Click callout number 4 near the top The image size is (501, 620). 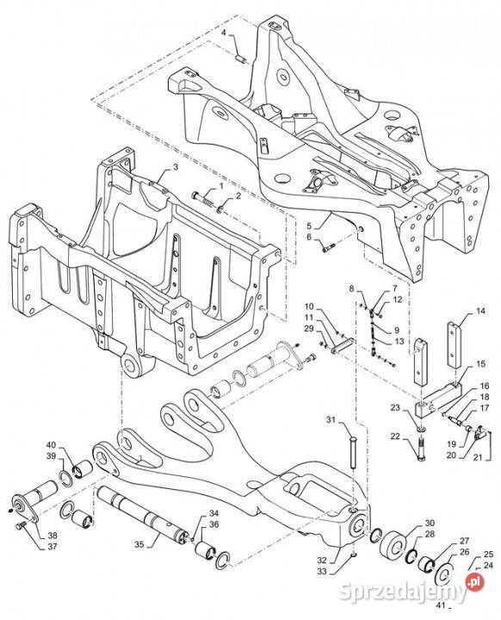coord(224,33)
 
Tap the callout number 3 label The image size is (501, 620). coord(175,167)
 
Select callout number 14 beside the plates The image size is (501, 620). coord(480,311)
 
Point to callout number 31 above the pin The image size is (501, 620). coord(331,419)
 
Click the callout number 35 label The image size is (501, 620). coord(139,544)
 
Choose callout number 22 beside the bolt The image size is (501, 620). coord(395,437)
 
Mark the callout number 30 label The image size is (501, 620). coord(430,523)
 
